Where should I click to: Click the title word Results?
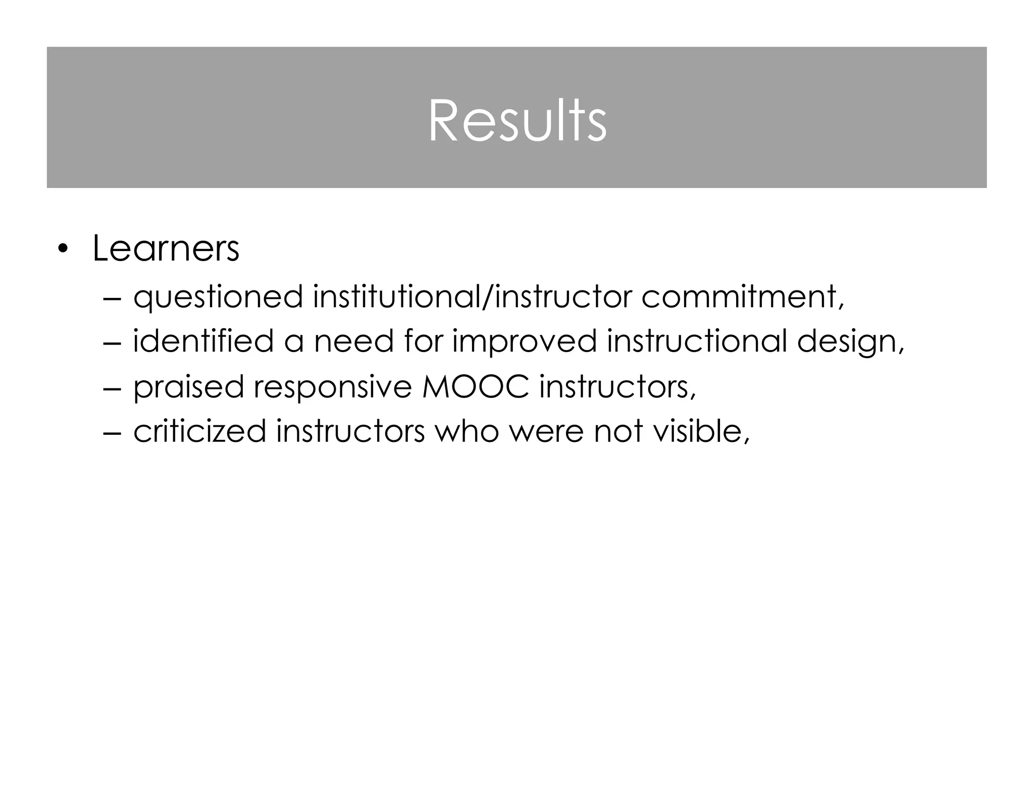[517, 121]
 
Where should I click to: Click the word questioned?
[218, 297]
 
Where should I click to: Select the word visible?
[700, 431]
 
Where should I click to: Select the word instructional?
[696, 341]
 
